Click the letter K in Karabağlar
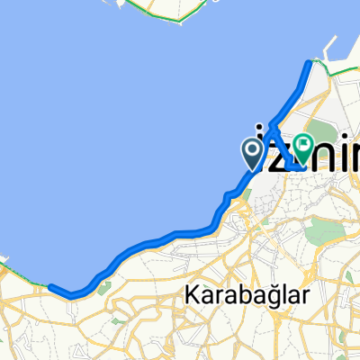[x=191, y=294]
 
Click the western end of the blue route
[x=50, y=287]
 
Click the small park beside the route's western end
[x=104, y=288]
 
